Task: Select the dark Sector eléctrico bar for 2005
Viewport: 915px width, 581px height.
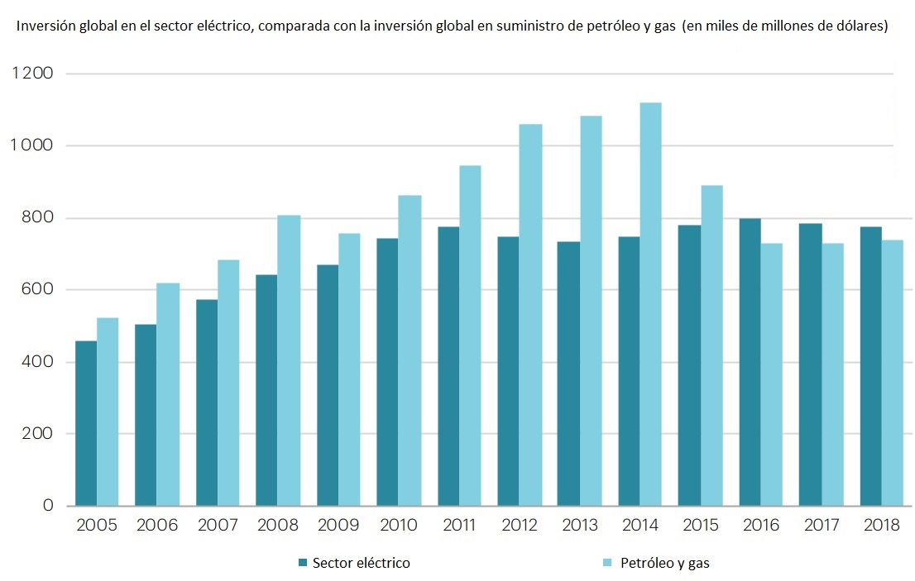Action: pos(86,423)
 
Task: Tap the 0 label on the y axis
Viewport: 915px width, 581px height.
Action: pos(49,506)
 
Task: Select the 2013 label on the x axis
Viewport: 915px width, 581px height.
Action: pos(579,526)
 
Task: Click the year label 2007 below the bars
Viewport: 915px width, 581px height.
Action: pos(218,526)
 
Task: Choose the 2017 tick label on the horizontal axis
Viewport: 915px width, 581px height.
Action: pos(821,526)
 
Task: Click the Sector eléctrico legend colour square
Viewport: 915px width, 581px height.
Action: pos(304,563)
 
